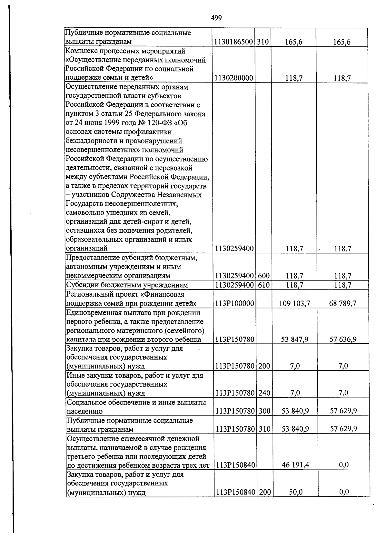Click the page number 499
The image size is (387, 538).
pos(216,18)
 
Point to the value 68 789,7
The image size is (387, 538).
pos(342,304)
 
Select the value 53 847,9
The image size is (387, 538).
pos(295,339)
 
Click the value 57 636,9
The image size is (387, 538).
pos(343,339)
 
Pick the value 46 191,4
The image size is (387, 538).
pos(295,465)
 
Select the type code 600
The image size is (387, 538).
pos(263,276)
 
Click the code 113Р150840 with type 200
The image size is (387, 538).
pos(235,492)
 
